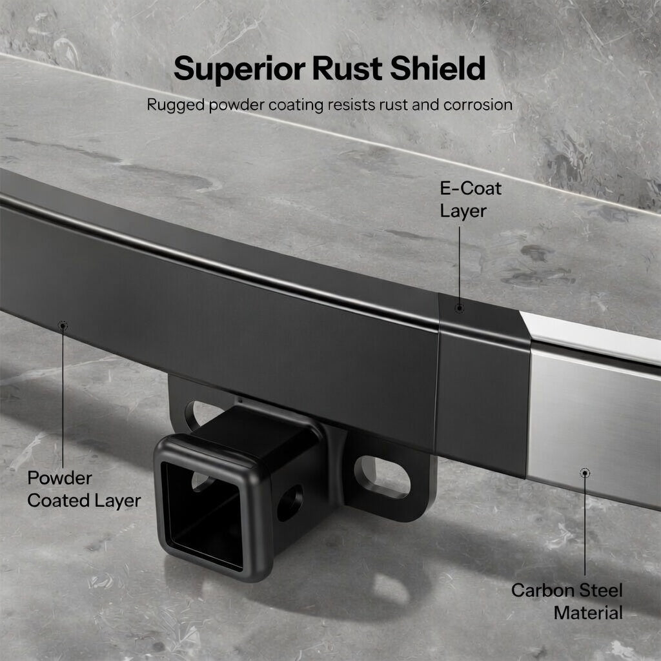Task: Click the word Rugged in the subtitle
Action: coord(175,105)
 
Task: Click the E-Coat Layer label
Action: coord(471,200)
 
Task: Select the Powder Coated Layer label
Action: coord(83,489)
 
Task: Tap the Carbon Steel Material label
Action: coord(567,601)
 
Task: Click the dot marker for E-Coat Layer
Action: coord(459,309)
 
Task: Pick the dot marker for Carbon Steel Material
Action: coord(585,473)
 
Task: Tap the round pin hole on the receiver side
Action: coord(290,502)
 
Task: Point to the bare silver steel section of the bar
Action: coord(591,413)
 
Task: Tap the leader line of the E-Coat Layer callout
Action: coord(459,265)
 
